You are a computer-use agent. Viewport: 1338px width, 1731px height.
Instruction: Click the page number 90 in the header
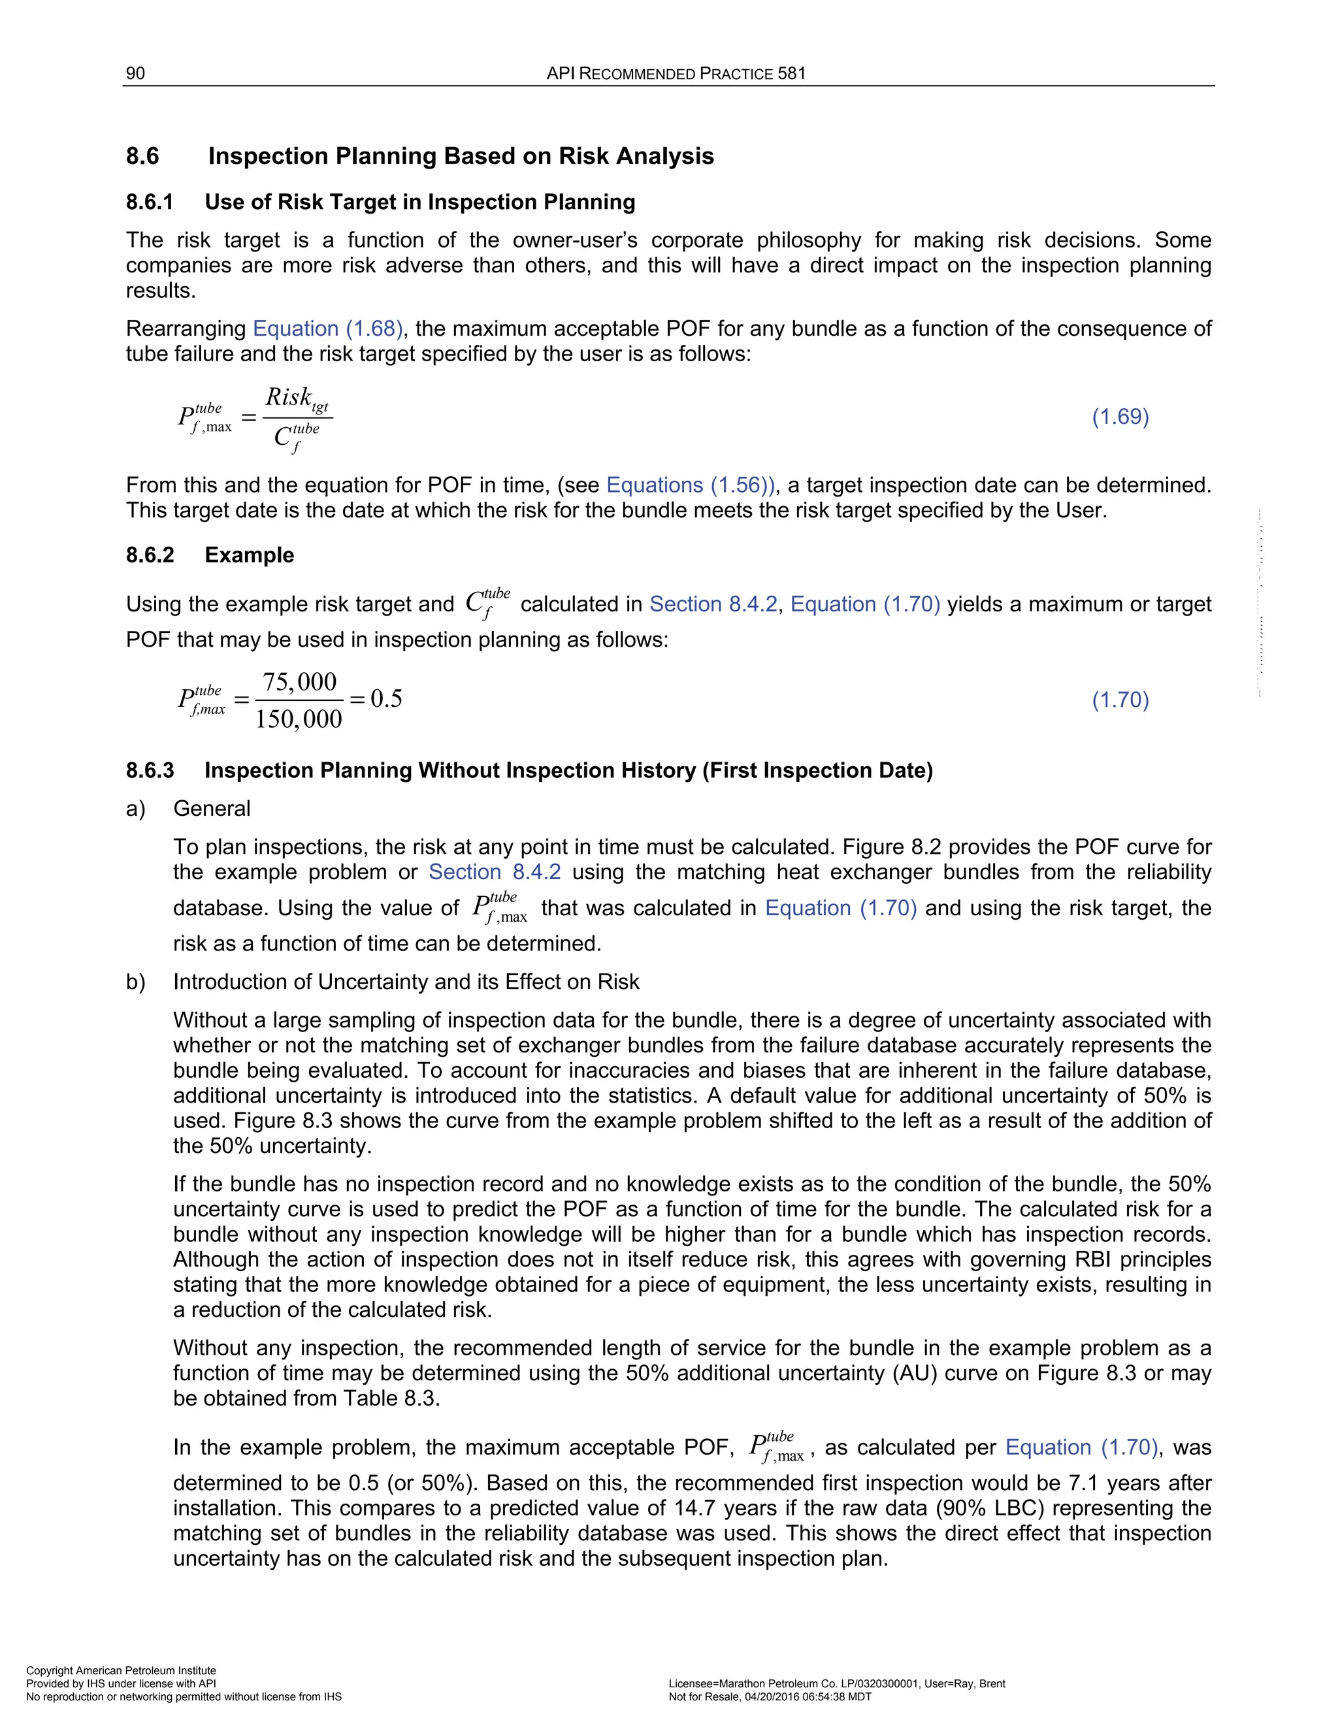click(x=135, y=74)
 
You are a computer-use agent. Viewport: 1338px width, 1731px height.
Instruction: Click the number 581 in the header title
click(x=791, y=74)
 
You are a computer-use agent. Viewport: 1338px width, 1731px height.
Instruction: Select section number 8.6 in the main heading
click(x=142, y=156)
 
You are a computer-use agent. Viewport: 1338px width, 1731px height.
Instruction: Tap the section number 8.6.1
click(x=149, y=202)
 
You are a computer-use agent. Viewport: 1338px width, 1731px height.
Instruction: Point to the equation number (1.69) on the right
click(x=1120, y=417)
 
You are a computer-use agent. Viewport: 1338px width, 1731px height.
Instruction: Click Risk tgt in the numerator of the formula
click(x=297, y=398)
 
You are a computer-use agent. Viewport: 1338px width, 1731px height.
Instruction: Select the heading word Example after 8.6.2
click(x=249, y=555)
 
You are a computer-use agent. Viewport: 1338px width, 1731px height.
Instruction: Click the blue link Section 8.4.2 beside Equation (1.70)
click(x=713, y=605)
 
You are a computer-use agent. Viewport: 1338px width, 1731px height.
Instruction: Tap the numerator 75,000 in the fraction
click(x=300, y=681)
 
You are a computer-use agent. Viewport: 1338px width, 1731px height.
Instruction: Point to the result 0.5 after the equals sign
click(x=386, y=699)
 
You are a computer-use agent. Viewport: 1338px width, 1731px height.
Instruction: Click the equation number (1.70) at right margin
click(x=1120, y=700)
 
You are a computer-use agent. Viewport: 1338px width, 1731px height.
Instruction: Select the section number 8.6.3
click(x=149, y=770)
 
